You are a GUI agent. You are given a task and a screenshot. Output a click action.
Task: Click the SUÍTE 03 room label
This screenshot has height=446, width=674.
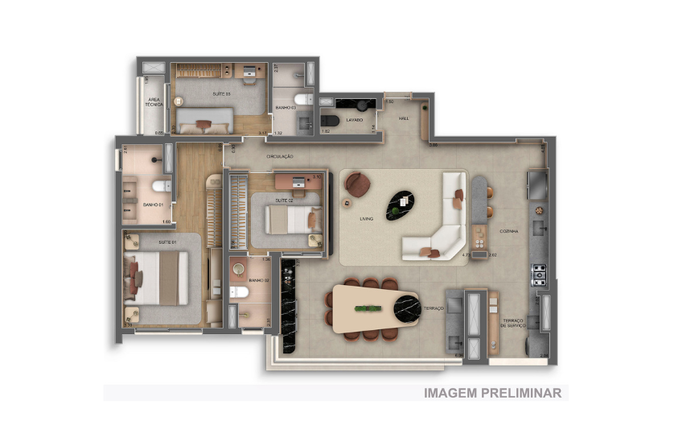221,94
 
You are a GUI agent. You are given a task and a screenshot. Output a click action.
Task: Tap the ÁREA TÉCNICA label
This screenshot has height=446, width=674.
154,101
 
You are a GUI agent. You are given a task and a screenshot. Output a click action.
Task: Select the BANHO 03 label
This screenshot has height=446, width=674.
286,107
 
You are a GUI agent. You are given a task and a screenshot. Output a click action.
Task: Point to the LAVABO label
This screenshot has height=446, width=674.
355,120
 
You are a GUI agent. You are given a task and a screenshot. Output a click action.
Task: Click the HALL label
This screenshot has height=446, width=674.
404,118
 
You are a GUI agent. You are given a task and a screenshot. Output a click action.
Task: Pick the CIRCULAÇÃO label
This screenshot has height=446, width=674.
280,155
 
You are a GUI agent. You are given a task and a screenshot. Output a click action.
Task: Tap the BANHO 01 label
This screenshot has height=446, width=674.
153,205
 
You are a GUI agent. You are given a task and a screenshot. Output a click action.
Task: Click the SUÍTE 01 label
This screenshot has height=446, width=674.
166,242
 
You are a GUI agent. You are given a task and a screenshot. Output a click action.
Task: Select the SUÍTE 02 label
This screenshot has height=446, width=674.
283,200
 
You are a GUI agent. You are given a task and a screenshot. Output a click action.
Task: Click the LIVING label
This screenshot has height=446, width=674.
367,217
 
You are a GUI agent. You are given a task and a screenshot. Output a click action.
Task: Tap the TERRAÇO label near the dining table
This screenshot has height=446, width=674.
434,308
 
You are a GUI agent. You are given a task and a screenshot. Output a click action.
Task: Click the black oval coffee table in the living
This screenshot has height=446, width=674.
400,204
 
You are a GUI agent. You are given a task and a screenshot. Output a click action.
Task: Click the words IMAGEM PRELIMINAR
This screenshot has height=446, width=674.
492,393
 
